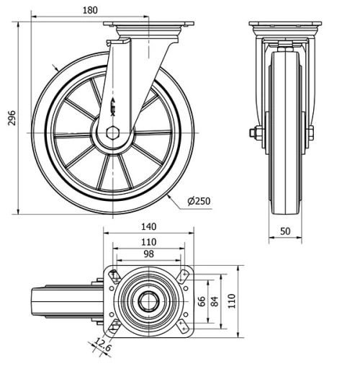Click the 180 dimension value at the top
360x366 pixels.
click(89, 11)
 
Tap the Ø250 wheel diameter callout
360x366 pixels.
click(198, 201)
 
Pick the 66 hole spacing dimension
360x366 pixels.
click(202, 300)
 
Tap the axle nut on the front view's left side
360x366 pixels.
click(254, 133)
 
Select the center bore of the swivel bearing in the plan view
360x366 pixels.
click(148, 301)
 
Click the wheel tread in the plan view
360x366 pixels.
click(36, 301)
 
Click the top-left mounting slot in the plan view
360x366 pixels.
click(113, 274)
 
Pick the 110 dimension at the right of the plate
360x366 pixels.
click(231, 300)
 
